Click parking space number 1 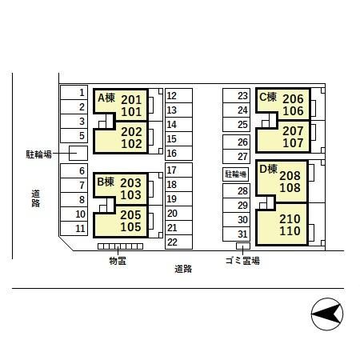(x=74, y=92)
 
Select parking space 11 (x=74, y=228)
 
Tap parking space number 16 (x=178, y=153)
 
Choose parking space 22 (x=178, y=242)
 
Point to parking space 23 (x=236, y=96)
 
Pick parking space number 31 (x=236, y=234)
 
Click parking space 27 (x=236, y=156)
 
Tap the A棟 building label (x=106, y=98)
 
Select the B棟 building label (x=106, y=182)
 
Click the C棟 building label (x=268, y=97)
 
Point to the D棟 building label (x=268, y=169)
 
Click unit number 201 (x=131, y=100)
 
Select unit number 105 (x=130, y=227)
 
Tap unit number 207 (x=293, y=131)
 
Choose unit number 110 (x=290, y=231)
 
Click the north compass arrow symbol (x=327, y=314)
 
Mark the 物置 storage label (x=118, y=261)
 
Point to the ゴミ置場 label (x=242, y=261)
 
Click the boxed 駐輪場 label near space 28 (x=235, y=174)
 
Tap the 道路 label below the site (x=183, y=269)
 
